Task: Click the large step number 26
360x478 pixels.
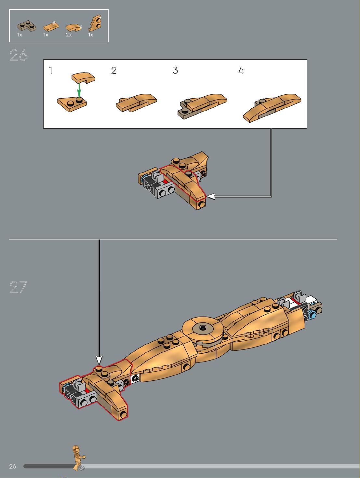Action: tap(19, 55)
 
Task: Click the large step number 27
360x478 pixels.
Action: tap(19, 287)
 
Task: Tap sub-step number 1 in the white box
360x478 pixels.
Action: tap(51, 70)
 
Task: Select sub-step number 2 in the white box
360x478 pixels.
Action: tap(113, 70)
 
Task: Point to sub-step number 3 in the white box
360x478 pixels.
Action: tap(175, 70)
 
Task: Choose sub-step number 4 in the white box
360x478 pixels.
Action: tap(241, 70)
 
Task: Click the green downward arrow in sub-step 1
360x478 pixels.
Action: tap(79, 90)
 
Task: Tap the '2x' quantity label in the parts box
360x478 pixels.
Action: tap(69, 35)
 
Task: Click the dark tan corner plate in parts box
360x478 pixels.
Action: tap(27, 26)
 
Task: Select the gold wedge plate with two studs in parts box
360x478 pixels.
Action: tap(96, 23)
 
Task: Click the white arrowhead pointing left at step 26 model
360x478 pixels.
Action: tap(210, 197)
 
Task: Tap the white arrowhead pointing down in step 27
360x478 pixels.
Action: tap(99, 360)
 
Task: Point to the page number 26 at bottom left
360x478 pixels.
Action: tap(13, 466)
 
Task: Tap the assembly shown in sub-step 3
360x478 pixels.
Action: tap(202, 106)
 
